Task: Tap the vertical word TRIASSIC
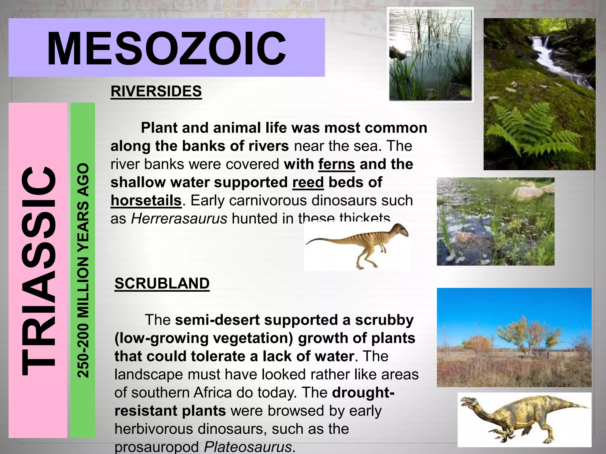(38, 270)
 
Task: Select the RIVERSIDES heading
(156, 91)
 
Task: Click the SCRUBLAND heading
(162, 283)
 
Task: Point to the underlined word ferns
(336, 164)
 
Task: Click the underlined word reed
(308, 182)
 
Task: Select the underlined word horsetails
(146, 201)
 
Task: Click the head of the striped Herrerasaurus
(399, 230)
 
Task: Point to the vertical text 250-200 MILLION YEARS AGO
(83, 270)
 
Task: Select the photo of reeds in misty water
(430, 55)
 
